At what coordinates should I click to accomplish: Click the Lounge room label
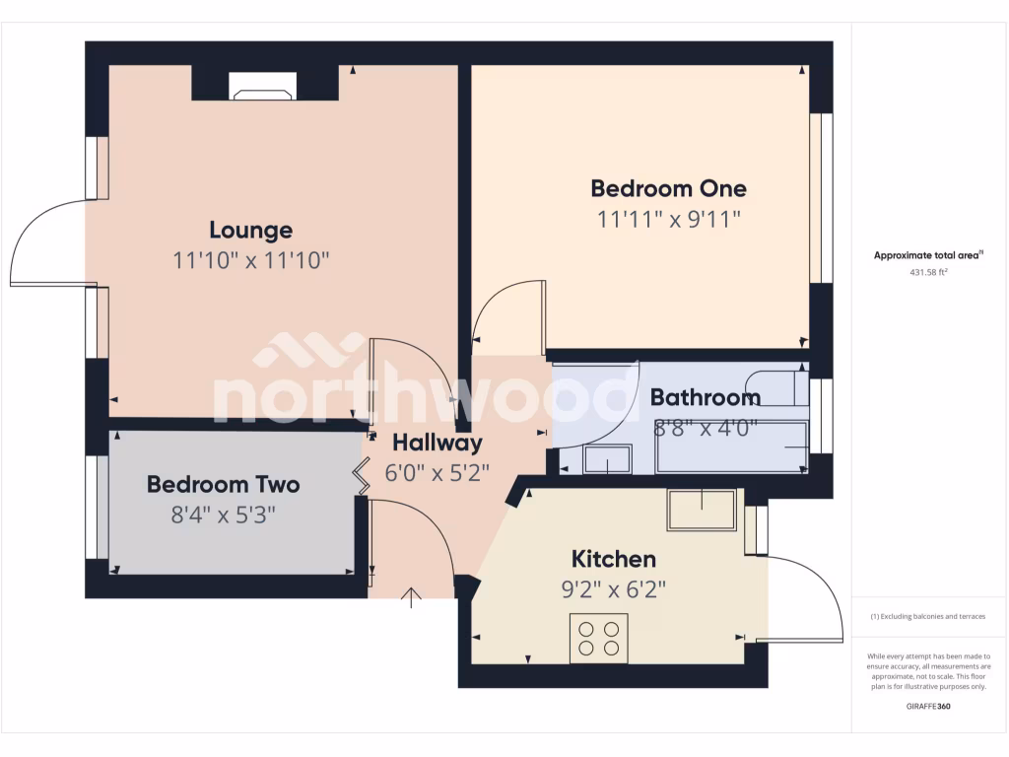[250, 231]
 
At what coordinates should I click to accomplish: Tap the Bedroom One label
[668, 188]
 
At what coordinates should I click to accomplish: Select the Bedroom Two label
[223, 485]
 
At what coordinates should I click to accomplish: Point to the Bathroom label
[705, 398]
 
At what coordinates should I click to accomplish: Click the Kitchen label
[614, 560]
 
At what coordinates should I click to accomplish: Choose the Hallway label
[437, 444]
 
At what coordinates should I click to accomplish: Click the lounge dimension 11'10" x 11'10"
[250, 261]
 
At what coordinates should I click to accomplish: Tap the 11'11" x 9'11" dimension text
[668, 219]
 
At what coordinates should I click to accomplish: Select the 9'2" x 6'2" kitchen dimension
[614, 589]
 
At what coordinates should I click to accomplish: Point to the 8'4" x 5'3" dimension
[223, 515]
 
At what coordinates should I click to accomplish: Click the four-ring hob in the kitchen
[598, 638]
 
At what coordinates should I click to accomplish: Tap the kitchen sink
[701, 510]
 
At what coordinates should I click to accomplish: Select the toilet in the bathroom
[774, 389]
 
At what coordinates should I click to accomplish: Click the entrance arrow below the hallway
[412, 596]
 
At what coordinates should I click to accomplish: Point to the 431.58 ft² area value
[927, 272]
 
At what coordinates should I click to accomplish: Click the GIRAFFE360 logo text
[928, 706]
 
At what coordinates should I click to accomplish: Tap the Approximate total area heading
[927, 255]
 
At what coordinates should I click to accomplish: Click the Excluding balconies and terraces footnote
[927, 617]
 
